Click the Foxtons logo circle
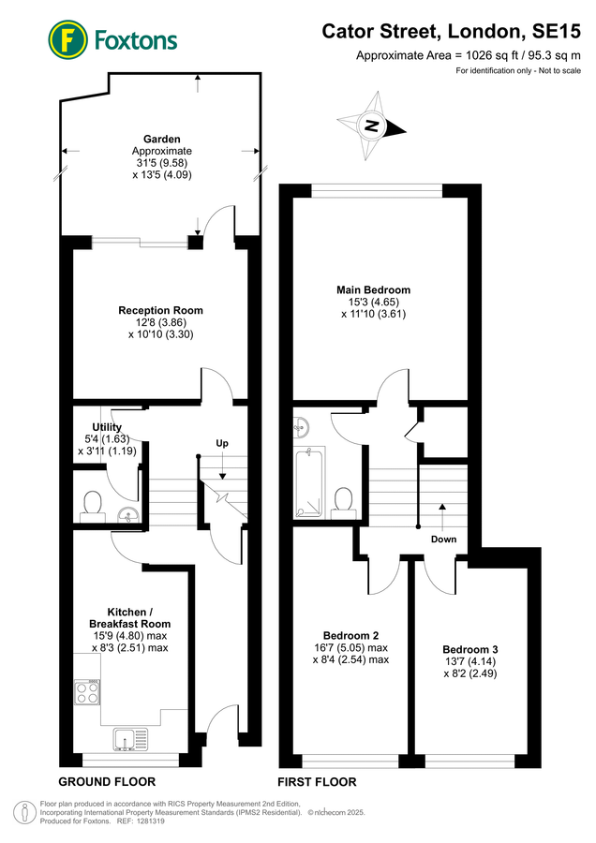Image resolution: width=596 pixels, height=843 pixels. [67, 39]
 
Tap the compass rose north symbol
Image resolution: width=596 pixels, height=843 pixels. [372, 126]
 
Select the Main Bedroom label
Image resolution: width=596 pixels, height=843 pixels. [373, 289]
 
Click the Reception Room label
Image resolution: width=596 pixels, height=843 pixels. [161, 310]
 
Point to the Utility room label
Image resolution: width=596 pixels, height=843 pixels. [107, 427]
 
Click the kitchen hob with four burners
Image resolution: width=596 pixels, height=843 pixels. [86, 692]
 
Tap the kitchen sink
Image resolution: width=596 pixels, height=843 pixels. [130, 739]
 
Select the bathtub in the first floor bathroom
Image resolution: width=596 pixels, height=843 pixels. [308, 482]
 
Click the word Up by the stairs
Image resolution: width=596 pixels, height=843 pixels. [222, 443]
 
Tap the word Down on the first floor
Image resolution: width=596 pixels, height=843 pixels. [444, 540]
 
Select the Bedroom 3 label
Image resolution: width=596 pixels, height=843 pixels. [470, 649]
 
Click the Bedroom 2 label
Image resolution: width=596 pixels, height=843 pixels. [350, 635]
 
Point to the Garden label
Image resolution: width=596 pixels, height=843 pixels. [162, 140]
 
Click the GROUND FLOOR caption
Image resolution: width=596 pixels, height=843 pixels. [107, 782]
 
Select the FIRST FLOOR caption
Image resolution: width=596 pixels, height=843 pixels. [317, 782]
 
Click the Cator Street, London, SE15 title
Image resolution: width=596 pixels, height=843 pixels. [452, 31]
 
